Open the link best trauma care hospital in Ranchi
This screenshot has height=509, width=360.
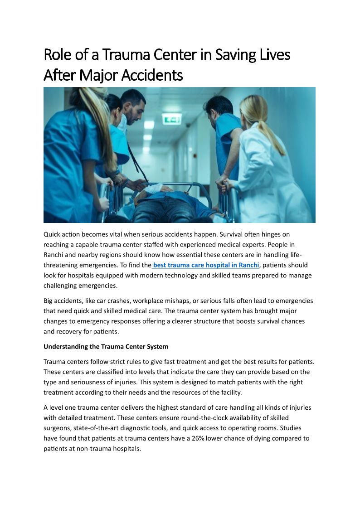[x=206, y=265]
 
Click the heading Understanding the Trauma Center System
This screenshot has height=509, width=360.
[x=106, y=347]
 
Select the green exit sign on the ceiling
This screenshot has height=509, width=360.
[x=171, y=119]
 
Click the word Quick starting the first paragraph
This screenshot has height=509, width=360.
[x=53, y=234]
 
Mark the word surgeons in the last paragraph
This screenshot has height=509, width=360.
[x=57, y=428]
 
